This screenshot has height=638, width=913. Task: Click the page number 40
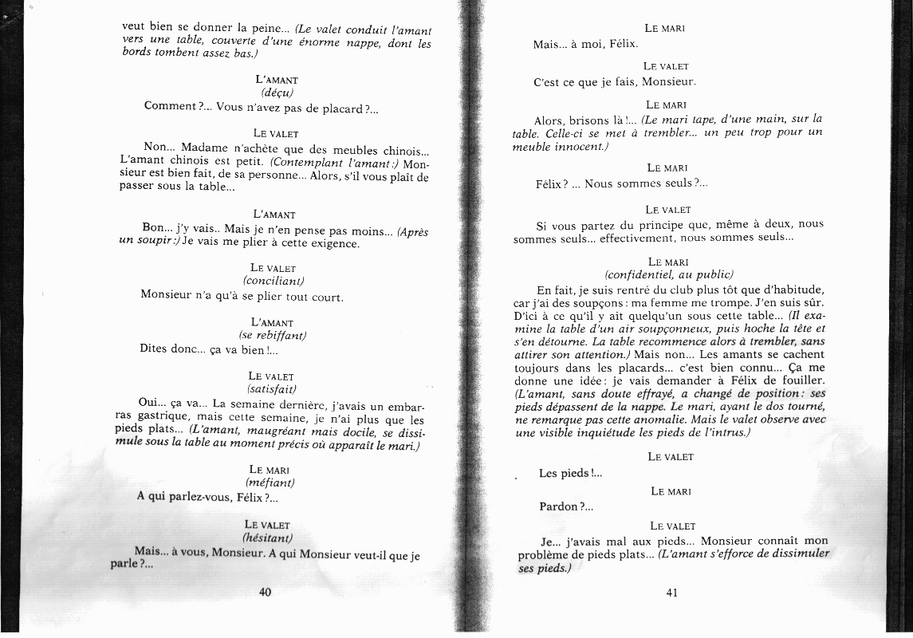click(266, 591)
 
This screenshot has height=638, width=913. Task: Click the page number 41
click(671, 591)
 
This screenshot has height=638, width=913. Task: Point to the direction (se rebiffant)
click(274, 336)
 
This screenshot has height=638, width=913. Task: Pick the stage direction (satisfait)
click(273, 389)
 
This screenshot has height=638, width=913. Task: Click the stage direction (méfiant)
click(270, 482)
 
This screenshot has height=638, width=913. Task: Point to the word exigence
click(334, 244)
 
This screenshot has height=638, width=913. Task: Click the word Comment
click(169, 106)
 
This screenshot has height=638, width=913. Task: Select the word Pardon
click(557, 506)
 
